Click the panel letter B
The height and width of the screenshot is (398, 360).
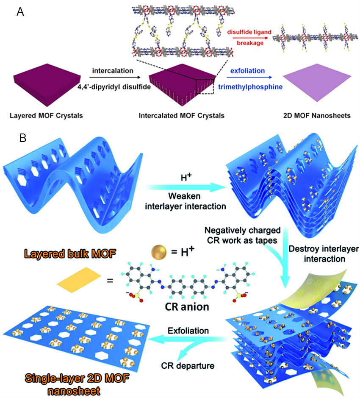[20, 138]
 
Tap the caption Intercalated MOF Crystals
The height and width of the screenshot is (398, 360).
[182, 115]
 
